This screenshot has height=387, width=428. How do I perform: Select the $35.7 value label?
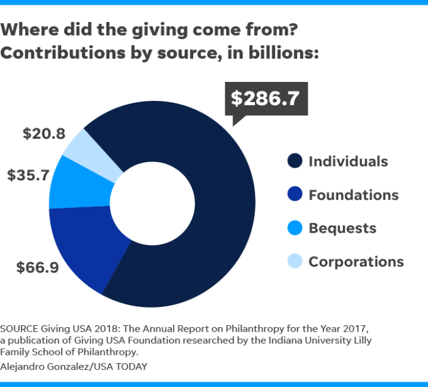point(28,175)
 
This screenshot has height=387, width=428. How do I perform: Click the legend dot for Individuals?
point(294,161)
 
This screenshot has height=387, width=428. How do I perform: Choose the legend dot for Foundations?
point(294,195)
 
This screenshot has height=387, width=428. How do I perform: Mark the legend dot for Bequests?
point(294,228)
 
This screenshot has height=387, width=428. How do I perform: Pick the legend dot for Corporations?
point(294,261)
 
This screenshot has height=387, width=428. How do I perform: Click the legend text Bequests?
point(342,228)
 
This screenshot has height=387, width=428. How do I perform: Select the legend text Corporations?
point(356,261)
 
